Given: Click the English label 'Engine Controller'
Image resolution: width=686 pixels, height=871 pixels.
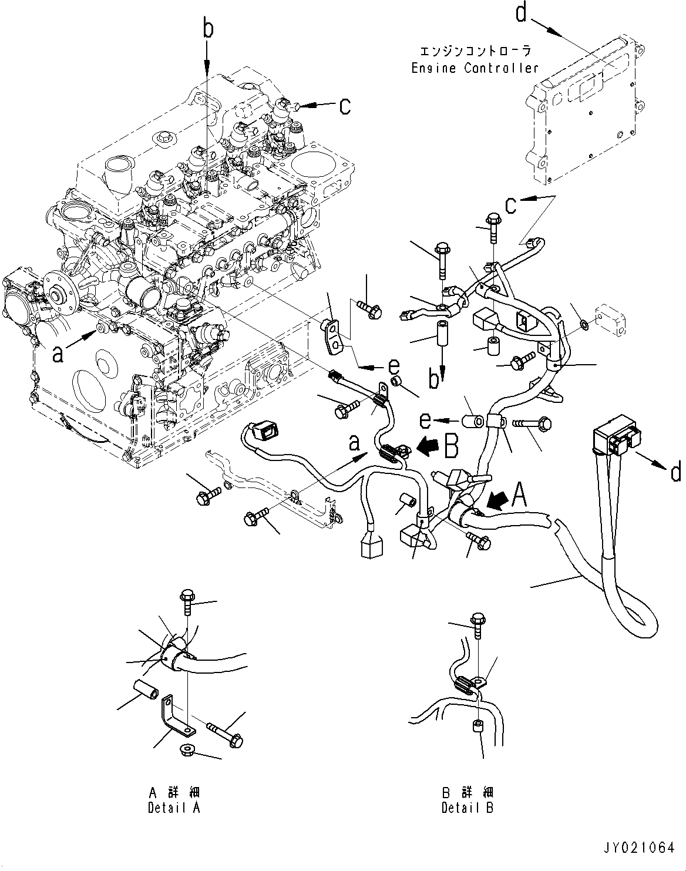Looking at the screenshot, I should (475, 68).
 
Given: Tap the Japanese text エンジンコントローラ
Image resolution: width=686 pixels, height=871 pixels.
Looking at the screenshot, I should (475, 52).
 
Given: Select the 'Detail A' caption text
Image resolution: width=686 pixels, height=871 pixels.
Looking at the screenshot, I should (174, 808).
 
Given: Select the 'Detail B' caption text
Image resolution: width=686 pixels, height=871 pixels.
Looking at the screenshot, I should (468, 808).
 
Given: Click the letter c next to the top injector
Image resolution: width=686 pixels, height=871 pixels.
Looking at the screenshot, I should (345, 106).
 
